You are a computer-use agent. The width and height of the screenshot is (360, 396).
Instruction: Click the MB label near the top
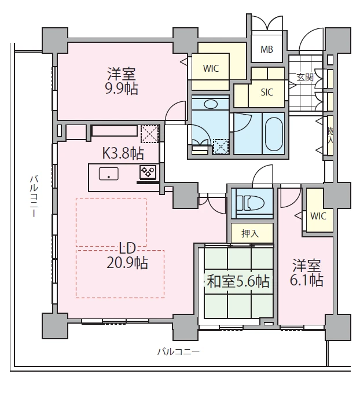[x=267, y=49]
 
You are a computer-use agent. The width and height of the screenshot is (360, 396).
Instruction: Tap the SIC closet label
[x=267, y=92]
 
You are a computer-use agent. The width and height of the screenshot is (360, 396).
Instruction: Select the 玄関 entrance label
[x=305, y=77]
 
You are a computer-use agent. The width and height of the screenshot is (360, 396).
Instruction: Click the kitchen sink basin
[x=109, y=174]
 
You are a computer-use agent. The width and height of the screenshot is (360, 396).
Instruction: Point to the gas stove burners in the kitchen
[x=148, y=171]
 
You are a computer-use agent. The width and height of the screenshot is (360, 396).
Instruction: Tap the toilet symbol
[x=250, y=202]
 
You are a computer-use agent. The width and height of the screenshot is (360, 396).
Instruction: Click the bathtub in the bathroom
[x=274, y=134]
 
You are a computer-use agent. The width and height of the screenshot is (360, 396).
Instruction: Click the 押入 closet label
[x=250, y=233]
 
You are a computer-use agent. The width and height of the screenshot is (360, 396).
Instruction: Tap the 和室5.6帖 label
[x=238, y=281]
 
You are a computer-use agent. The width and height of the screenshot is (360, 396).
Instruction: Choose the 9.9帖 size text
[x=122, y=89]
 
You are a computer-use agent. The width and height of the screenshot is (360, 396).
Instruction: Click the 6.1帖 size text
[x=307, y=280]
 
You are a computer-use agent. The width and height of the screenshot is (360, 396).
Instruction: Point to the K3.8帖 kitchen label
[x=123, y=153]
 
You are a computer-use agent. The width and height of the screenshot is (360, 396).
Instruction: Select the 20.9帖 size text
[x=127, y=263]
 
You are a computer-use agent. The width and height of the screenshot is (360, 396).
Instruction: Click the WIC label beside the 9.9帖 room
[x=211, y=68]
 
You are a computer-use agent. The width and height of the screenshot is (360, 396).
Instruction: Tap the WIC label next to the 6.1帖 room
[x=318, y=216]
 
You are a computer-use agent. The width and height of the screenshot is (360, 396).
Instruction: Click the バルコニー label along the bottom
[x=178, y=351]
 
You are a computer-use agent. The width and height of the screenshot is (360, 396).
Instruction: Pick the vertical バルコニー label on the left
[x=34, y=196]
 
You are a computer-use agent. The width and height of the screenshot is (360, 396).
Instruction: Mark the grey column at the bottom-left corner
[x=55, y=326]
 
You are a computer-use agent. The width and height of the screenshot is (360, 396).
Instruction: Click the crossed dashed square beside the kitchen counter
[x=150, y=134]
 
